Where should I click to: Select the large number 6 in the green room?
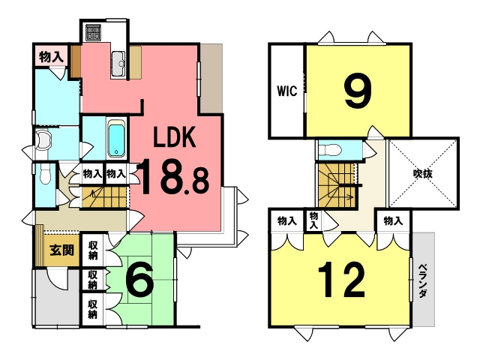coord(139,280)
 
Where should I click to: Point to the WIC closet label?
coord(287,92)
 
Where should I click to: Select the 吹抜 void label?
coord(423,175)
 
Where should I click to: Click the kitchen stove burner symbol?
coord(94,33)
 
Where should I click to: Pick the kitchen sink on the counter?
coord(118,64)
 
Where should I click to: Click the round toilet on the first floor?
coord(45,139)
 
